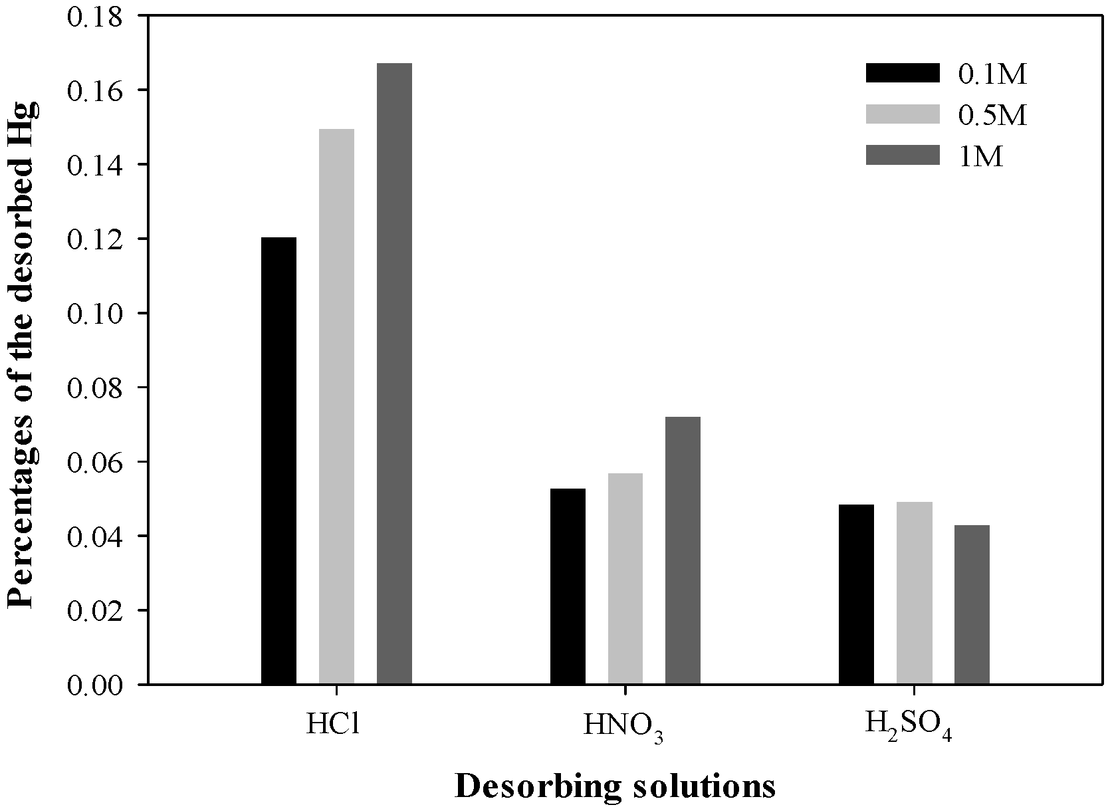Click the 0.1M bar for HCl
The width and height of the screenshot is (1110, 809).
tap(278, 461)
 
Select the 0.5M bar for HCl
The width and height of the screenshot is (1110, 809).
tap(336, 406)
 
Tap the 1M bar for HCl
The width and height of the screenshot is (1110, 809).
tap(394, 374)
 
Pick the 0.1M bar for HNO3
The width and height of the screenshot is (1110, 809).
tap(568, 586)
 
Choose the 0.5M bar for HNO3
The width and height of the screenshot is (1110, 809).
tap(625, 578)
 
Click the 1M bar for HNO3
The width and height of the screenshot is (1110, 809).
tap(683, 550)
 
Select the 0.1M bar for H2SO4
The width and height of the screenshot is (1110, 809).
tap(856, 594)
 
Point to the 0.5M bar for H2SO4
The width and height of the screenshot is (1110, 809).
tap(914, 593)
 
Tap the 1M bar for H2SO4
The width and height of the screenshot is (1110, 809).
tap(972, 604)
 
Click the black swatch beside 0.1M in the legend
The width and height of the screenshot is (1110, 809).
tap(903, 73)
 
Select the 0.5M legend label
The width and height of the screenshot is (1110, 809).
tap(992, 116)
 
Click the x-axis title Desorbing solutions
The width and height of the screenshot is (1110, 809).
tap(615, 786)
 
